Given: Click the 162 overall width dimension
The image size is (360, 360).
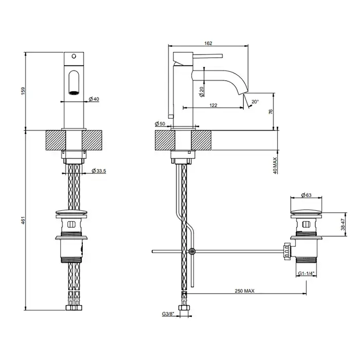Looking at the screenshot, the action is (208, 43).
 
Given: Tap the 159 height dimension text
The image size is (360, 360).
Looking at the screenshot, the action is (23, 91).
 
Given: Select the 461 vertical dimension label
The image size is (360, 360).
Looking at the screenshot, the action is (23, 220).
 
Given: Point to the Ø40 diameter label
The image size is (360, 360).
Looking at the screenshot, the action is (94, 99).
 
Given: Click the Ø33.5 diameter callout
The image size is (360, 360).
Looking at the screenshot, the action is (99, 171).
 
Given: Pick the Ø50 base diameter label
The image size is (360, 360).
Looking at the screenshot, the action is (160, 123).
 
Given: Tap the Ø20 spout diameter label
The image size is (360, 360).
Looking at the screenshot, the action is (202, 92).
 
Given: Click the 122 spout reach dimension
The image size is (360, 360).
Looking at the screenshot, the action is (213, 105).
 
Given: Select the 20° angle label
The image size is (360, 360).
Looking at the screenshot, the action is (255, 101).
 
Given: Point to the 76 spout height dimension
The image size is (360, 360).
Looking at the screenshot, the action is (271, 112).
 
